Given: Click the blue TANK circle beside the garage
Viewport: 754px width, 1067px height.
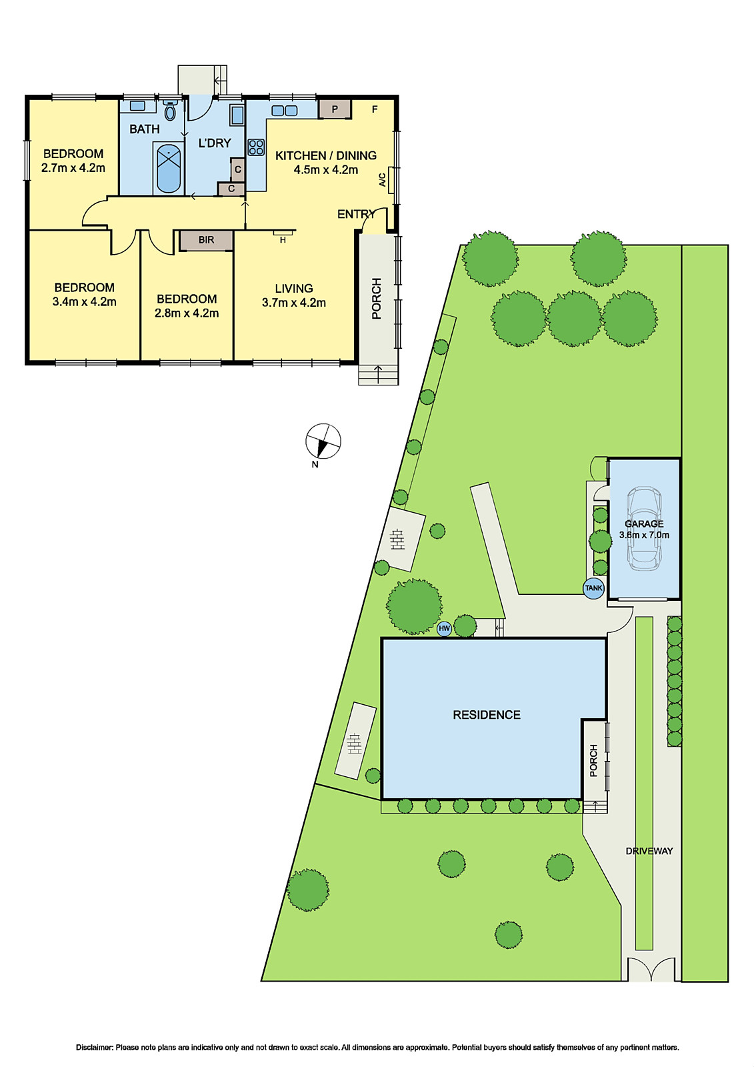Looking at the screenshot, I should coord(593,588).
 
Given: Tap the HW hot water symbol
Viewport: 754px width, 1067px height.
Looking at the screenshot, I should coord(444,628).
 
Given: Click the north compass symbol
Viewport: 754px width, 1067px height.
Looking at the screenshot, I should coord(323,441).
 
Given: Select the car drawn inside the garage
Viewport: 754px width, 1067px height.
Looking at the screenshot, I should coord(644,528).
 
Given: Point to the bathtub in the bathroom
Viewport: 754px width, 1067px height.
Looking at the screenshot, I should coord(169,168).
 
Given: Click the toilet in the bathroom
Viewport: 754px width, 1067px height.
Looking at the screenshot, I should coord(170,111).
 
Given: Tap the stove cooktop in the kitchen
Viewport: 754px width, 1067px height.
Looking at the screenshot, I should coord(256,147).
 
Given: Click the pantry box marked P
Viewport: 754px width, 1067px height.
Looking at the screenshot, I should coord(335,109).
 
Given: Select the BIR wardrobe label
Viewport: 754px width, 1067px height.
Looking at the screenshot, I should coord(206,240).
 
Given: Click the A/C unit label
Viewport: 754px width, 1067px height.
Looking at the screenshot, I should coord(383,180).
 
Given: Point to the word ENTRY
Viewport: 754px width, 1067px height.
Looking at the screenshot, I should coord(356,214).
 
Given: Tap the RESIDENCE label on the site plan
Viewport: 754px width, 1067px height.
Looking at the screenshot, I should coord(487,715).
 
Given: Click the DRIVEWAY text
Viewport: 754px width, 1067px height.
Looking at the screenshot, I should coord(649,851).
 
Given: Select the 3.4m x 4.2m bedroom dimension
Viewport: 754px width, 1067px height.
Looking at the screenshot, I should coord(84,302).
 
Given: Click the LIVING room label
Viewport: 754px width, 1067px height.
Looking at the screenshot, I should coord(294,288).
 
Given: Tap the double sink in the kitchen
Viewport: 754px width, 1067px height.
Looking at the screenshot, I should coord(285,111).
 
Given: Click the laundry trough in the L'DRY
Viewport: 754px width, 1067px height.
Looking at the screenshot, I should coord(237,115).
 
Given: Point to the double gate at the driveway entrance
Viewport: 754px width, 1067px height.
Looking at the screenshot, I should coord(651,969).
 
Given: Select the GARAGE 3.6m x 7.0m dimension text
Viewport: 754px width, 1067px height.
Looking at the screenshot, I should coord(644,535).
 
